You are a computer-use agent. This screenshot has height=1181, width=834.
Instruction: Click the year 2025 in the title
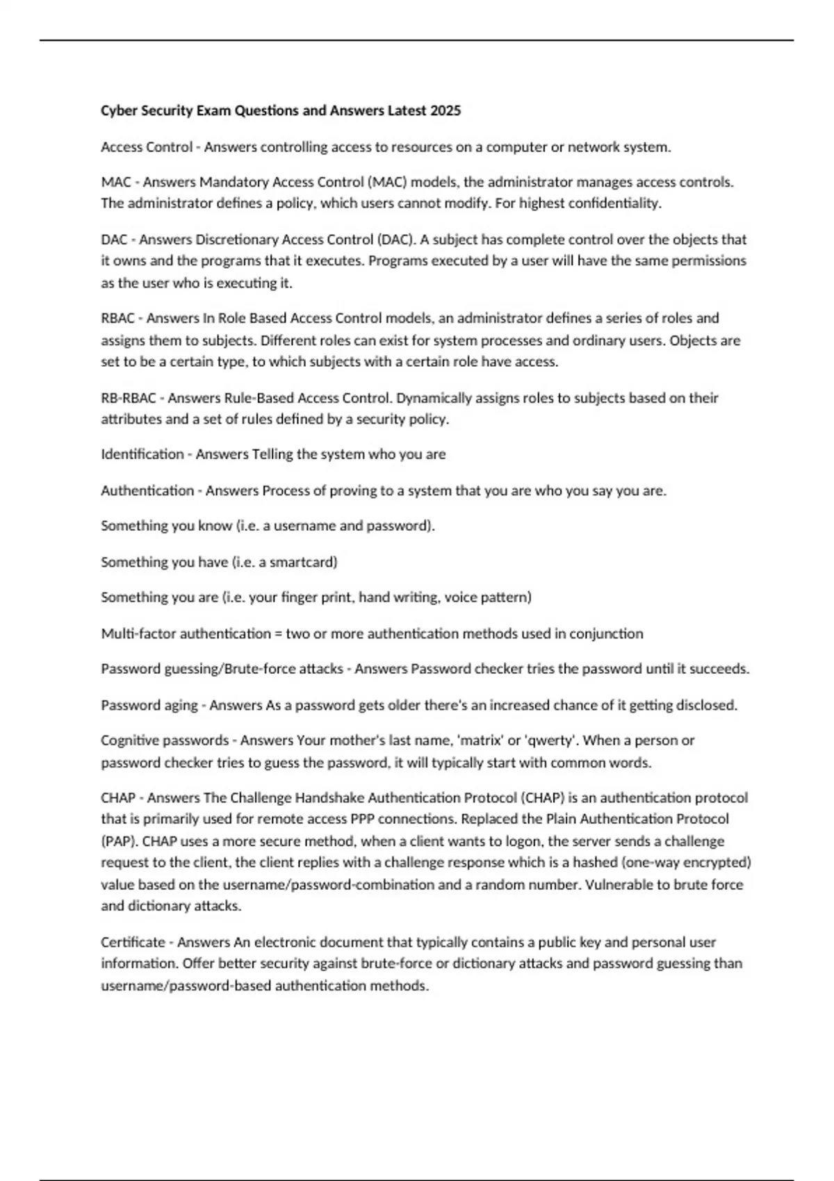point(445,110)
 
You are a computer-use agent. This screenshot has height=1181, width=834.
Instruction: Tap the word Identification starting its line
point(142,454)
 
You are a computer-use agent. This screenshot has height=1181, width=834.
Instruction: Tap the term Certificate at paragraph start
point(133,943)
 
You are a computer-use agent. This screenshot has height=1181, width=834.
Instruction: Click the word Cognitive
point(129,741)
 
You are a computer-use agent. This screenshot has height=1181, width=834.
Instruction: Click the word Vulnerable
point(617,885)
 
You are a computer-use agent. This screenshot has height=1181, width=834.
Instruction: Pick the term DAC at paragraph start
point(114,240)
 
